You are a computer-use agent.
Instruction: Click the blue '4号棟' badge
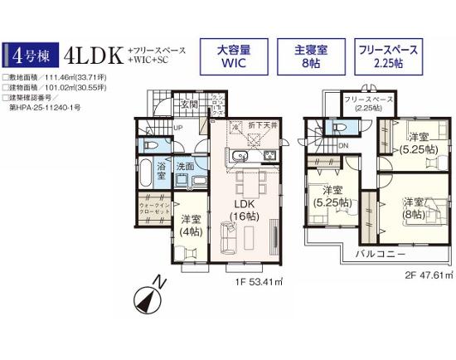30,56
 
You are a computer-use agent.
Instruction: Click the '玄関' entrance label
189,105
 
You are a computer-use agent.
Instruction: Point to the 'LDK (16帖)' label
243,210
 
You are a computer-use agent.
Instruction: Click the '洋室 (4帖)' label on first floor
191,225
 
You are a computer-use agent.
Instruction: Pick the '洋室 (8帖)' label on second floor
415,208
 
